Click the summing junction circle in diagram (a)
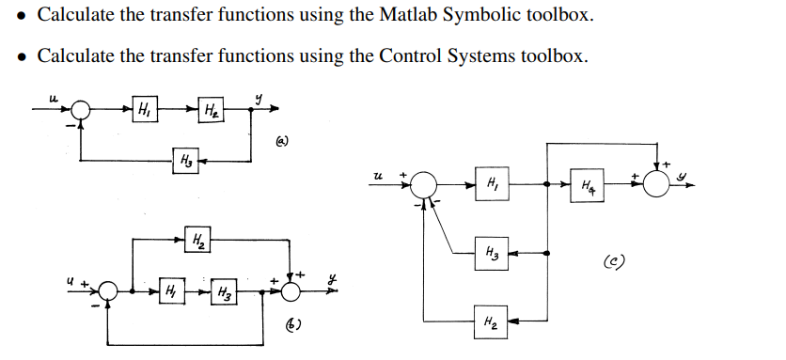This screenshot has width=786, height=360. tap(82, 110)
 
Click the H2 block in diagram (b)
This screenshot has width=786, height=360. tap(198, 240)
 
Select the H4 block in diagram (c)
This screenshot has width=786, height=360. tap(587, 184)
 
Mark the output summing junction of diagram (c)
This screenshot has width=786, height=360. tap(658, 184)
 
